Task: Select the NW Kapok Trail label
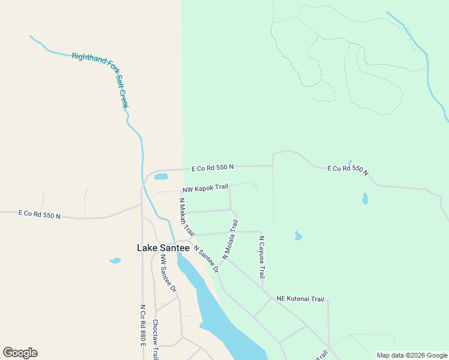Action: (205, 188)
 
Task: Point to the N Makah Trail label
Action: (187, 217)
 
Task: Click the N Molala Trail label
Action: (231, 239)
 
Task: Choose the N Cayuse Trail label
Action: (262, 257)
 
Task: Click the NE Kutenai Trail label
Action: (300, 298)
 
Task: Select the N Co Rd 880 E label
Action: (143, 325)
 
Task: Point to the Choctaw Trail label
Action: (155, 338)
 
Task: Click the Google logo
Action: (20, 353)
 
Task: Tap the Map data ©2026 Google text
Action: (412, 355)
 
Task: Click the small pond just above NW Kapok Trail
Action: (161, 176)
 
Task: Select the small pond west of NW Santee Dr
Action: (115, 260)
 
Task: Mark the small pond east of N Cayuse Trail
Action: (298, 236)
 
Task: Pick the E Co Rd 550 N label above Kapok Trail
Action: (212, 168)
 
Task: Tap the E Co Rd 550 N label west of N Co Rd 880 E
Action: (40, 214)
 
